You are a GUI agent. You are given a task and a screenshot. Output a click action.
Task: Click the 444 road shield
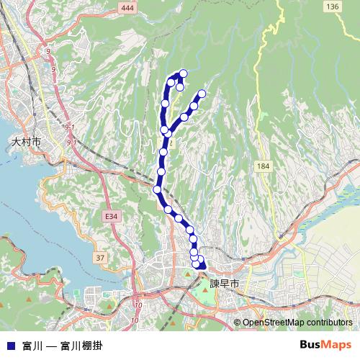tap(128, 7)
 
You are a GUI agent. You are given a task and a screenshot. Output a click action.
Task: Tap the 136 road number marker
tap(332, 6)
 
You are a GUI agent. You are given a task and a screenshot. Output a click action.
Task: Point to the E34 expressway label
tap(110, 215)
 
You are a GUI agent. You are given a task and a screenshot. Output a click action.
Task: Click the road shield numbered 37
tap(100, 257)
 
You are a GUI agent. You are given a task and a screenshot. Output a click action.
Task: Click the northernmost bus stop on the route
tap(184, 73)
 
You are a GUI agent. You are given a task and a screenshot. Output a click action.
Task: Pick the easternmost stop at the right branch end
tap(202, 94)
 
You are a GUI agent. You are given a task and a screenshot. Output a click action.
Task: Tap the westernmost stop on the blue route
tap(157, 189)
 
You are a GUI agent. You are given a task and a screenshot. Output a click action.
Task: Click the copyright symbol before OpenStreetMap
tap(238, 323)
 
